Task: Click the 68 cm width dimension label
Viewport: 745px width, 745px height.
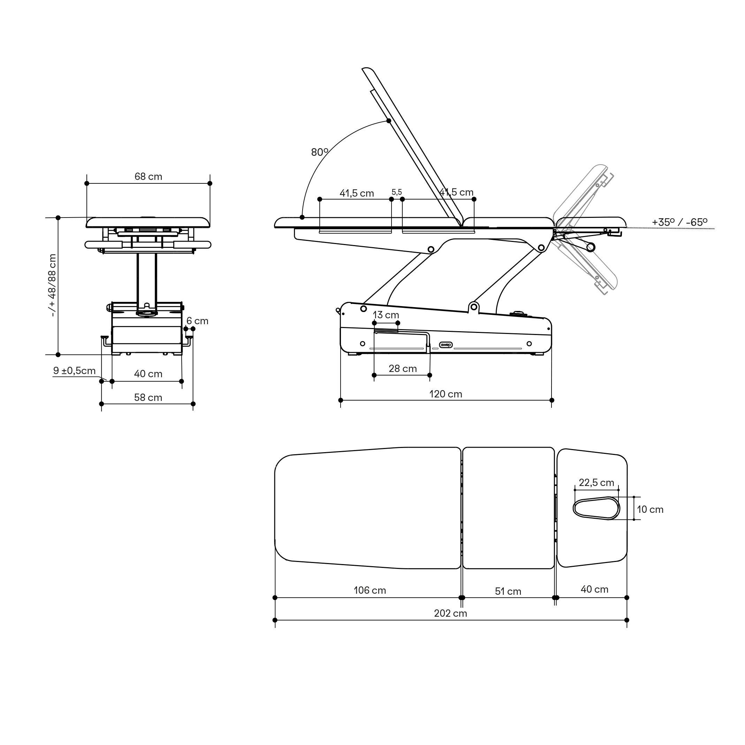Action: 149,177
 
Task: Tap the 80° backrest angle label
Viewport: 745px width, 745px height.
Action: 319,152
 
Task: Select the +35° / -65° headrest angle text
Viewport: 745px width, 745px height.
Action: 679,222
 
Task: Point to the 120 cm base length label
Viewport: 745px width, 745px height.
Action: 446,394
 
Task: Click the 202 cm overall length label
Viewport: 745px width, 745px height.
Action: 450,614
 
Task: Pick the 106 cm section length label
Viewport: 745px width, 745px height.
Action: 370,590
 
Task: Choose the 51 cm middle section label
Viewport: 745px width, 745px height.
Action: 508,592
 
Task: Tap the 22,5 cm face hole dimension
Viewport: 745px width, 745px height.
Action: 596,483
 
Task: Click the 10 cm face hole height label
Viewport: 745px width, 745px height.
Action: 650,509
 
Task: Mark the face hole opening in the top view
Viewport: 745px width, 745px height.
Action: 596,508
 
